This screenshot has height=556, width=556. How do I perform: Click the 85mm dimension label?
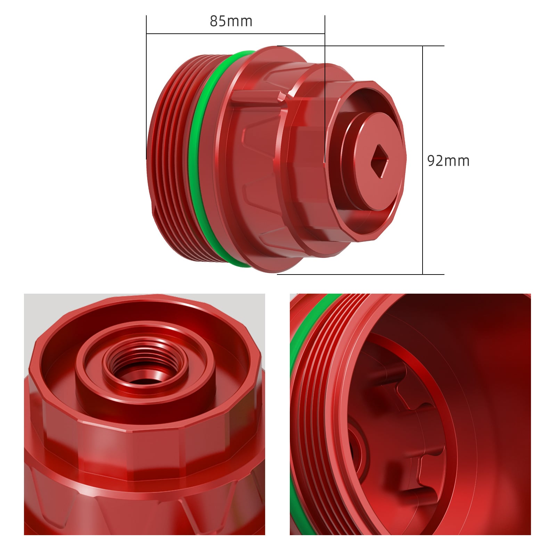[231, 21]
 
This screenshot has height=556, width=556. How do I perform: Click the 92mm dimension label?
[448, 161]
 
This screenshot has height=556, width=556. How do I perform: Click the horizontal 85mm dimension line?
[236, 34]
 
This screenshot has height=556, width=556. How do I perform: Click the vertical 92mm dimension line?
[423, 160]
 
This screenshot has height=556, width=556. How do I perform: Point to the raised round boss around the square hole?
[374, 162]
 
